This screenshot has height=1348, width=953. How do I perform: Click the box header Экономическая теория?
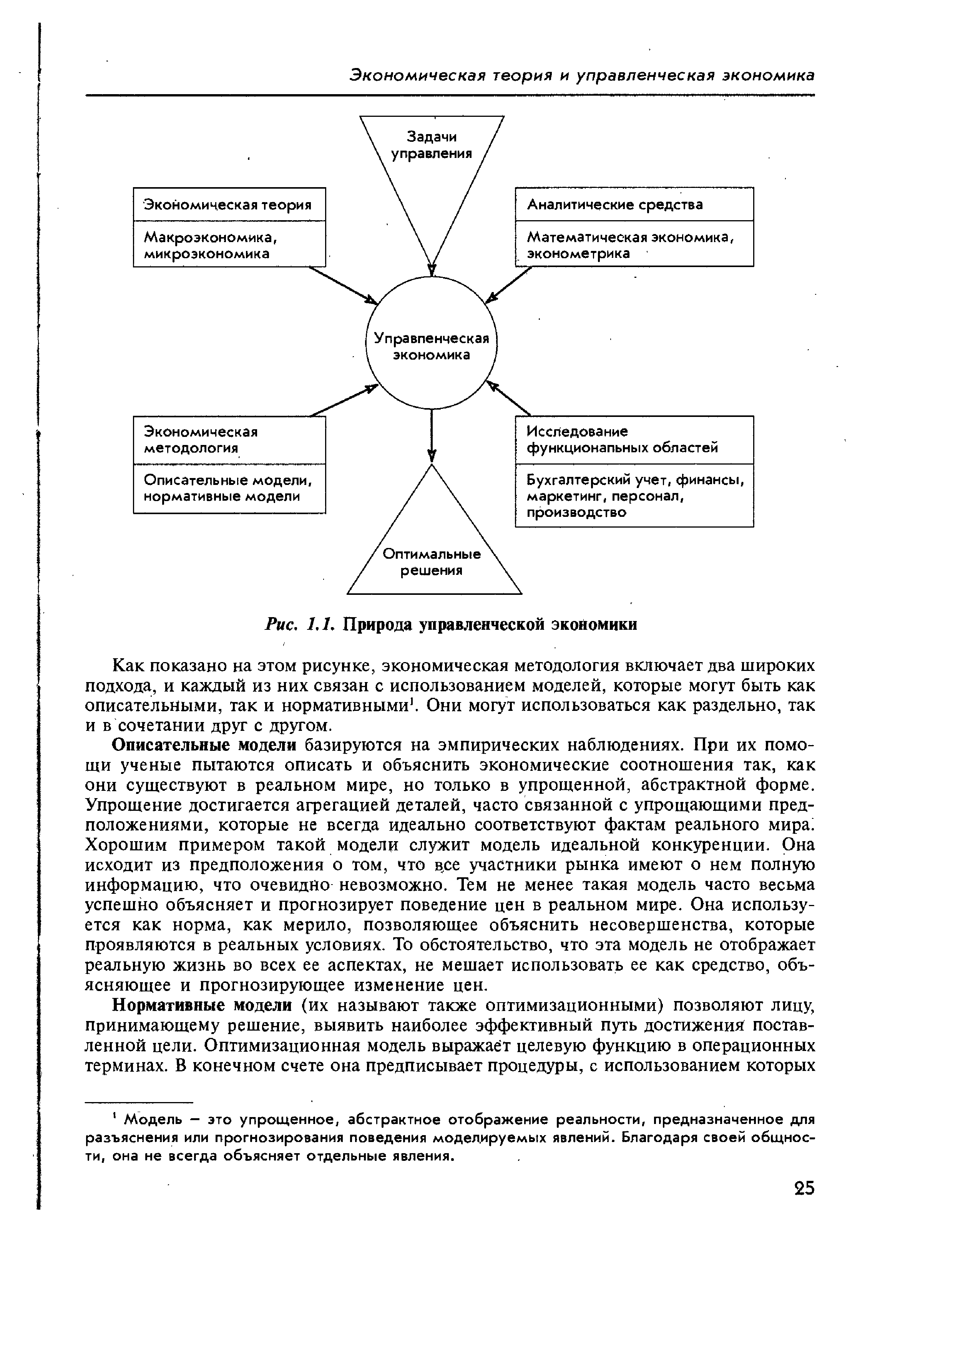(x=229, y=204)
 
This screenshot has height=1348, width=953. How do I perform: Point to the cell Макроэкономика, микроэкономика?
(x=229, y=244)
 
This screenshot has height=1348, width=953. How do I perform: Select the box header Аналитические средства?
(x=634, y=204)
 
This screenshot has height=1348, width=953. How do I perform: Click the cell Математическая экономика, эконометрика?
(x=634, y=244)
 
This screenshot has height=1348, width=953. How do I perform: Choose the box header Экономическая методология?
(x=229, y=440)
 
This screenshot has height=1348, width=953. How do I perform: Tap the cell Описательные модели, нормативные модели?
(x=229, y=488)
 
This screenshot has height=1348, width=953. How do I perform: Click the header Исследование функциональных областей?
(x=634, y=440)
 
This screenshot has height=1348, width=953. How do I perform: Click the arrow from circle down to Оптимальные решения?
(x=432, y=435)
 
